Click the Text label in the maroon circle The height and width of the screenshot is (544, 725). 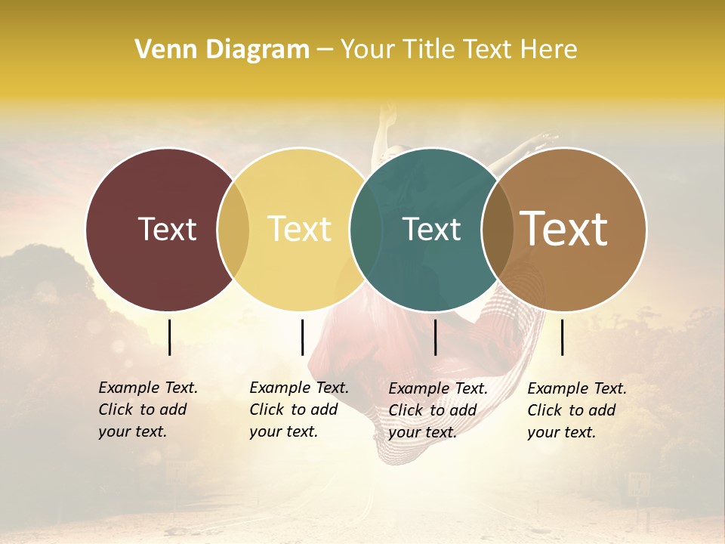click(x=167, y=229)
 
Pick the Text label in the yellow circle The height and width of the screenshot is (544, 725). click(x=299, y=229)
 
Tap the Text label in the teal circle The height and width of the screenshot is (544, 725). click(x=431, y=229)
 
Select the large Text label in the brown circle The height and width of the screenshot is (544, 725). click(x=564, y=228)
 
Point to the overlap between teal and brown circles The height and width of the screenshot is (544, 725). click(x=497, y=229)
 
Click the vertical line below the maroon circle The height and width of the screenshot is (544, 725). click(x=169, y=337)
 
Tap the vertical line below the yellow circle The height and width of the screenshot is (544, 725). click(x=302, y=337)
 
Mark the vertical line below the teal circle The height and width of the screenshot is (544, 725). click(x=435, y=337)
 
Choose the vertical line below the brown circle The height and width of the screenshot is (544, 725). click(x=563, y=337)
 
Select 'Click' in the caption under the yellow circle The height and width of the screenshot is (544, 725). click(x=266, y=410)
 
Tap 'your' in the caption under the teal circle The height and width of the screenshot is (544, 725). click(x=404, y=432)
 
